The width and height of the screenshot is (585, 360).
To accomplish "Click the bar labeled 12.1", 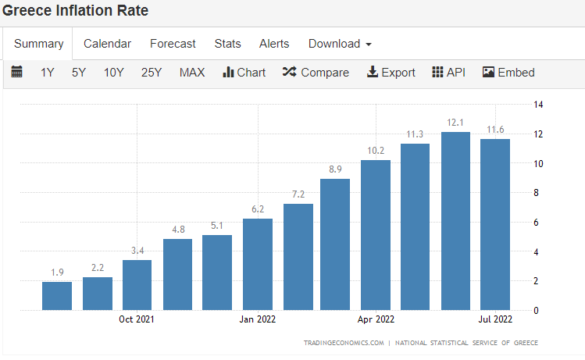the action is coord(455,221).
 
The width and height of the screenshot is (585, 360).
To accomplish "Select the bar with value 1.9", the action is coord(57,296).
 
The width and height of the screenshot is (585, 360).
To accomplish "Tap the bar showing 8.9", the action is coord(335,244).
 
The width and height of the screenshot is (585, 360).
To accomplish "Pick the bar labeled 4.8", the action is coord(177,275).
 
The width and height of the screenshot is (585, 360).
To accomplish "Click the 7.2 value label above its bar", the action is coord(298,194).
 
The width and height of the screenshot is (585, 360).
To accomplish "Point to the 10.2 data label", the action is coord(376,151).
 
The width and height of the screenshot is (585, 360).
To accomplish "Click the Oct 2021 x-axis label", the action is coord(136,319).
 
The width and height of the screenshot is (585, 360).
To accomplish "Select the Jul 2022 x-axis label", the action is coord(495,319).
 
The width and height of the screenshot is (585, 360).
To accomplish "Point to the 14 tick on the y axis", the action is coord(538,105).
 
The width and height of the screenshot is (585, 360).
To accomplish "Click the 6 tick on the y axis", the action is coord(536,223).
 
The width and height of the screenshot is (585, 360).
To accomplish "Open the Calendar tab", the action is coord(108,44).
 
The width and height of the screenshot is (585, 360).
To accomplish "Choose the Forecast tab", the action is coord(173,44).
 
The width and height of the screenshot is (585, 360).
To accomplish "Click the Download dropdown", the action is coord(340,44).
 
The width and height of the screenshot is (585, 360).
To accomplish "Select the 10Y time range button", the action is coord(113,73).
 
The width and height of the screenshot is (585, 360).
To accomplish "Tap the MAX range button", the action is coord(192,73).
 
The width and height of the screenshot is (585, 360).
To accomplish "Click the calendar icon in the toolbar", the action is coord(16,72).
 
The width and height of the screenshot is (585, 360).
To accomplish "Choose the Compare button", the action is coord(316,73).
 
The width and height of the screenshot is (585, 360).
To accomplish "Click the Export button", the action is coord(391,73).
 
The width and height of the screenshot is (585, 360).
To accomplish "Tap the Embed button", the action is coord(508,73).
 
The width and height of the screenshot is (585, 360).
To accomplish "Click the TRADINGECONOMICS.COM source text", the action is coord(344,343).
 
